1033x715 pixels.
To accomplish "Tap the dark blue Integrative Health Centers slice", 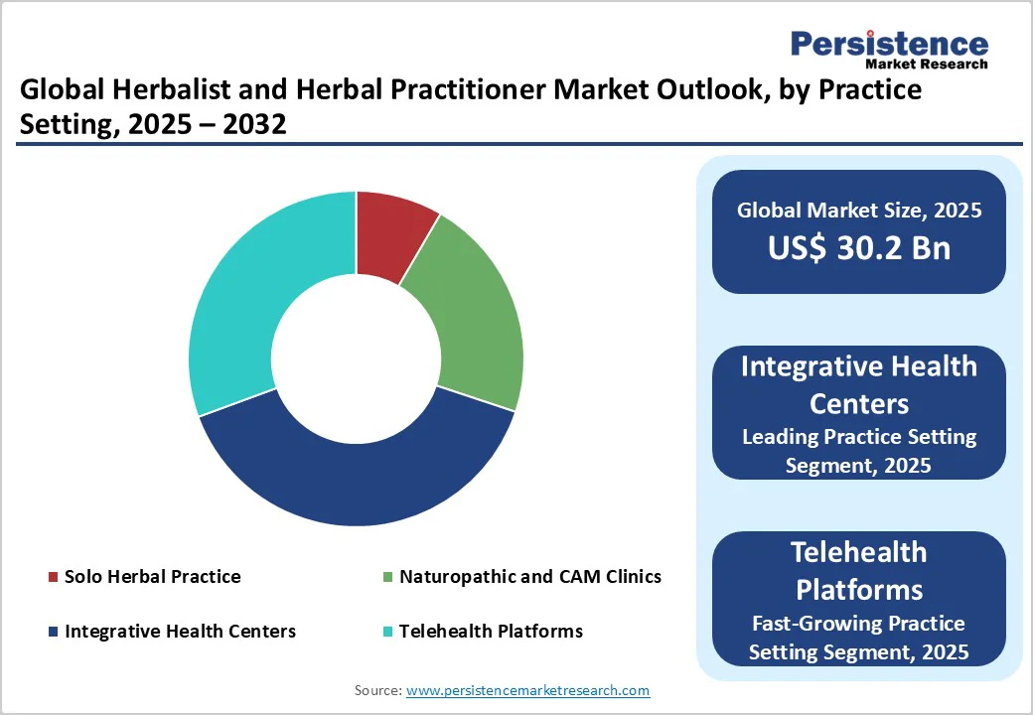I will pyautogui.click(x=358, y=477).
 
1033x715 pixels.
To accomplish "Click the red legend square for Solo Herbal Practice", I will pyautogui.click(x=53, y=577).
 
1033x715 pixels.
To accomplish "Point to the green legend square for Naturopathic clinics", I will pyautogui.click(x=387, y=577).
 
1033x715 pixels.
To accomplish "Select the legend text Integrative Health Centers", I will pyautogui.click(x=180, y=631).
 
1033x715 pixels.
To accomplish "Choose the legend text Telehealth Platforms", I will pyautogui.click(x=491, y=631).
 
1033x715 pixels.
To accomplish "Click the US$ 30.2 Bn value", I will pyautogui.click(x=859, y=248).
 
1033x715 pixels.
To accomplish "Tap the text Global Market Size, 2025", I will pyautogui.click(x=859, y=210).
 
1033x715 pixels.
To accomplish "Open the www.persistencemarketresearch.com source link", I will pyautogui.click(x=528, y=690).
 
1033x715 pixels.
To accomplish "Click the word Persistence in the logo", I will pyautogui.click(x=889, y=45).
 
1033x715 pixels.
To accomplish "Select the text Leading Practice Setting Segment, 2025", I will pyautogui.click(x=859, y=451).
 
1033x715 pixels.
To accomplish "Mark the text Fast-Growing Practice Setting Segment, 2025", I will pyautogui.click(x=859, y=638).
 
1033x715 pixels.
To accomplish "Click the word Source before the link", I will pyautogui.click(x=377, y=690).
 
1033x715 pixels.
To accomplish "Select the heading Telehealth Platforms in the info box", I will pyautogui.click(x=859, y=571).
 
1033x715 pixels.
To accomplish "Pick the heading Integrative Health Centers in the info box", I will pyautogui.click(x=859, y=384).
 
